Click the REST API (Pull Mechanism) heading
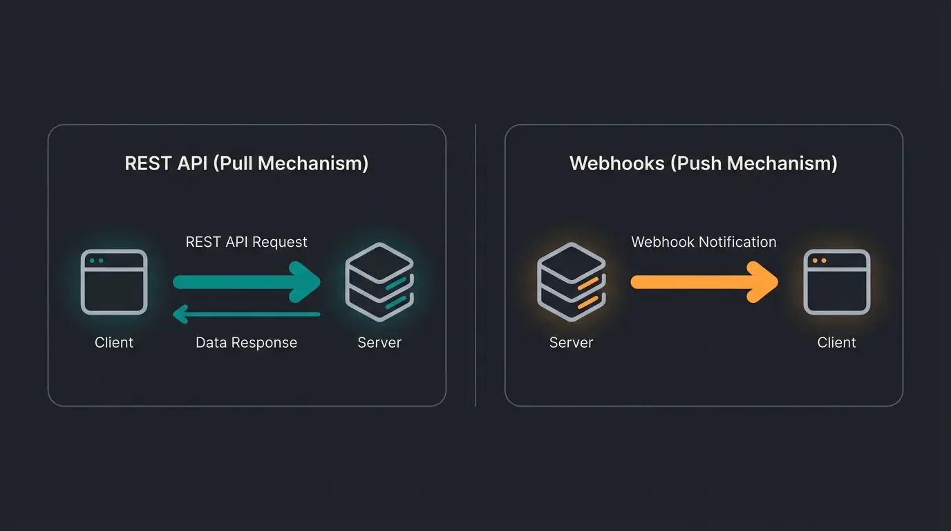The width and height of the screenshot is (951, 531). (x=246, y=163)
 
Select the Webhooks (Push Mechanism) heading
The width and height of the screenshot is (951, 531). (x=703, y=163)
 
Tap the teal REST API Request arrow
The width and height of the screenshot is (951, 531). (x=245, y=281)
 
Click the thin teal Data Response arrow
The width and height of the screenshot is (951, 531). (x=245, y=315)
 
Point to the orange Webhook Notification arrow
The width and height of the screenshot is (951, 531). (x=704, y=281)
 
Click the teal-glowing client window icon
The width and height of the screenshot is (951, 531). (x=114, y=282)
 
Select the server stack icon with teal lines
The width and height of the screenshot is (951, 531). (x=379, y=282)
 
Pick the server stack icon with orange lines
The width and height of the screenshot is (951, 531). (x=571, y=282)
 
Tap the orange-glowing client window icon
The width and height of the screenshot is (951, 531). (x=836, y=282)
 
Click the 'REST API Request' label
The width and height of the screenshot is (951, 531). (x=246, y=242)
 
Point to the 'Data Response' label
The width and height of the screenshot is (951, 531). (x=246, y=342)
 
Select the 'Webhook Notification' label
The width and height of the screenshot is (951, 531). (x=704, y=242)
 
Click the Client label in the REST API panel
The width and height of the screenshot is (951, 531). (x=114, y=342)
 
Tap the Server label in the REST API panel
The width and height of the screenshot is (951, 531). (x=379, y=342)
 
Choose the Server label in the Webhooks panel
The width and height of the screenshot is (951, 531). (x=571, y=342)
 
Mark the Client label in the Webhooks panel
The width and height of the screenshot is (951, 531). (x=836, y=342)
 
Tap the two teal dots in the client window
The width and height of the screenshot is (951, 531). (x=97, y=261)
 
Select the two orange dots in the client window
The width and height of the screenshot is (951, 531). (x=819, y=261)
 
